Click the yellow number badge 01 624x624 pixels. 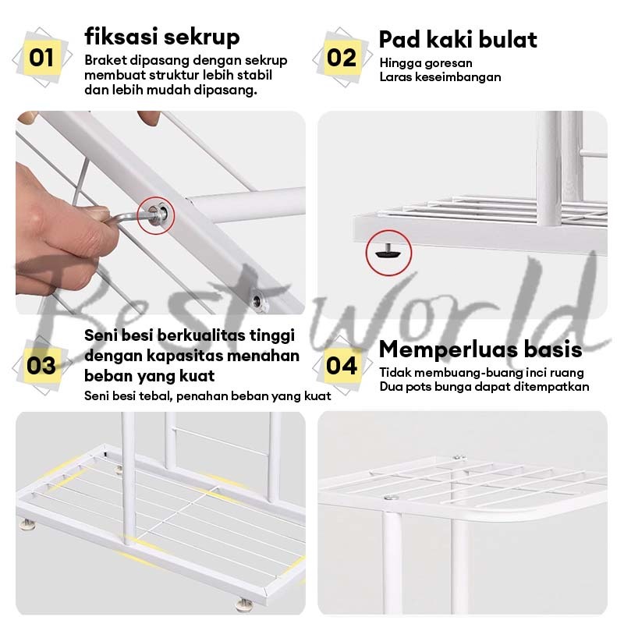click(42, 57)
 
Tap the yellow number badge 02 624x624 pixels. click(342, 57)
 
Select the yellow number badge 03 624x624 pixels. click(42, 365)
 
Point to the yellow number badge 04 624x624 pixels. click(342, 365)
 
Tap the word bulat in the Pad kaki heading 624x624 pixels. click(508, 39)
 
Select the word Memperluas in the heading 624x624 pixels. click(448, 349)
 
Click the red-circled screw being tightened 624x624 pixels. click(157, 214)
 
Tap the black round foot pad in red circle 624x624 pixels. click(388, 252)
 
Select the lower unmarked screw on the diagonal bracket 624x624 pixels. click(259, 301)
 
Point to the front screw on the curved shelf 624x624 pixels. click(392, 497)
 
